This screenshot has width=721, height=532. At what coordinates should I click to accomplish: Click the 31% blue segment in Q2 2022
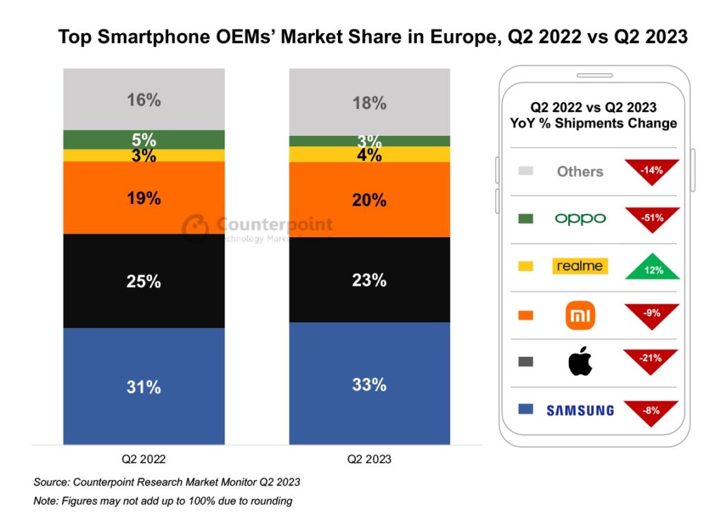(144, 386)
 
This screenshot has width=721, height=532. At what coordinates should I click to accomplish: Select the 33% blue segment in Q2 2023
(370, 384)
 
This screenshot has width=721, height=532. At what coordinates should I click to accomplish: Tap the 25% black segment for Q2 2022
(144, 281)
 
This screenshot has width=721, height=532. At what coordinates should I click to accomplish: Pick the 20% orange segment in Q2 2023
(370, 200)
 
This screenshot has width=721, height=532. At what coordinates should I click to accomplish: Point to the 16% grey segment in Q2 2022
(144, 100)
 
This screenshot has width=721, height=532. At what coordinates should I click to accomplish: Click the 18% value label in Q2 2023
(370, 103)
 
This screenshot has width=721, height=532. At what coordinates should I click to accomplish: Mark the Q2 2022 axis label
(144, 460)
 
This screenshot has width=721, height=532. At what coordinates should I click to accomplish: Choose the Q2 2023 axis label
(370, 460)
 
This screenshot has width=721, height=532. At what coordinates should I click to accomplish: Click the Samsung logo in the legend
(580, 410)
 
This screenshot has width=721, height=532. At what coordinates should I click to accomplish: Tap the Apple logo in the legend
(580, 362)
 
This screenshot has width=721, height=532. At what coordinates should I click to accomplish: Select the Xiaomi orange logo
(580, 315)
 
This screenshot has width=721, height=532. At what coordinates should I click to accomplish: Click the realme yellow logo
(580, 266)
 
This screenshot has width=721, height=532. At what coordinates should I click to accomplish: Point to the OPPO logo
(580, 219)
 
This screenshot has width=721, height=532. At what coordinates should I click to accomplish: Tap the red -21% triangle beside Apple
(651, 360)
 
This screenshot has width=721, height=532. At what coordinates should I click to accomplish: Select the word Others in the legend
(580, 171)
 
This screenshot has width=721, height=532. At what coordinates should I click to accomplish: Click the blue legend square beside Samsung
(525, 409)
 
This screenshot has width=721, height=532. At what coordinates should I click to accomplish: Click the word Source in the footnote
(52, 483)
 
